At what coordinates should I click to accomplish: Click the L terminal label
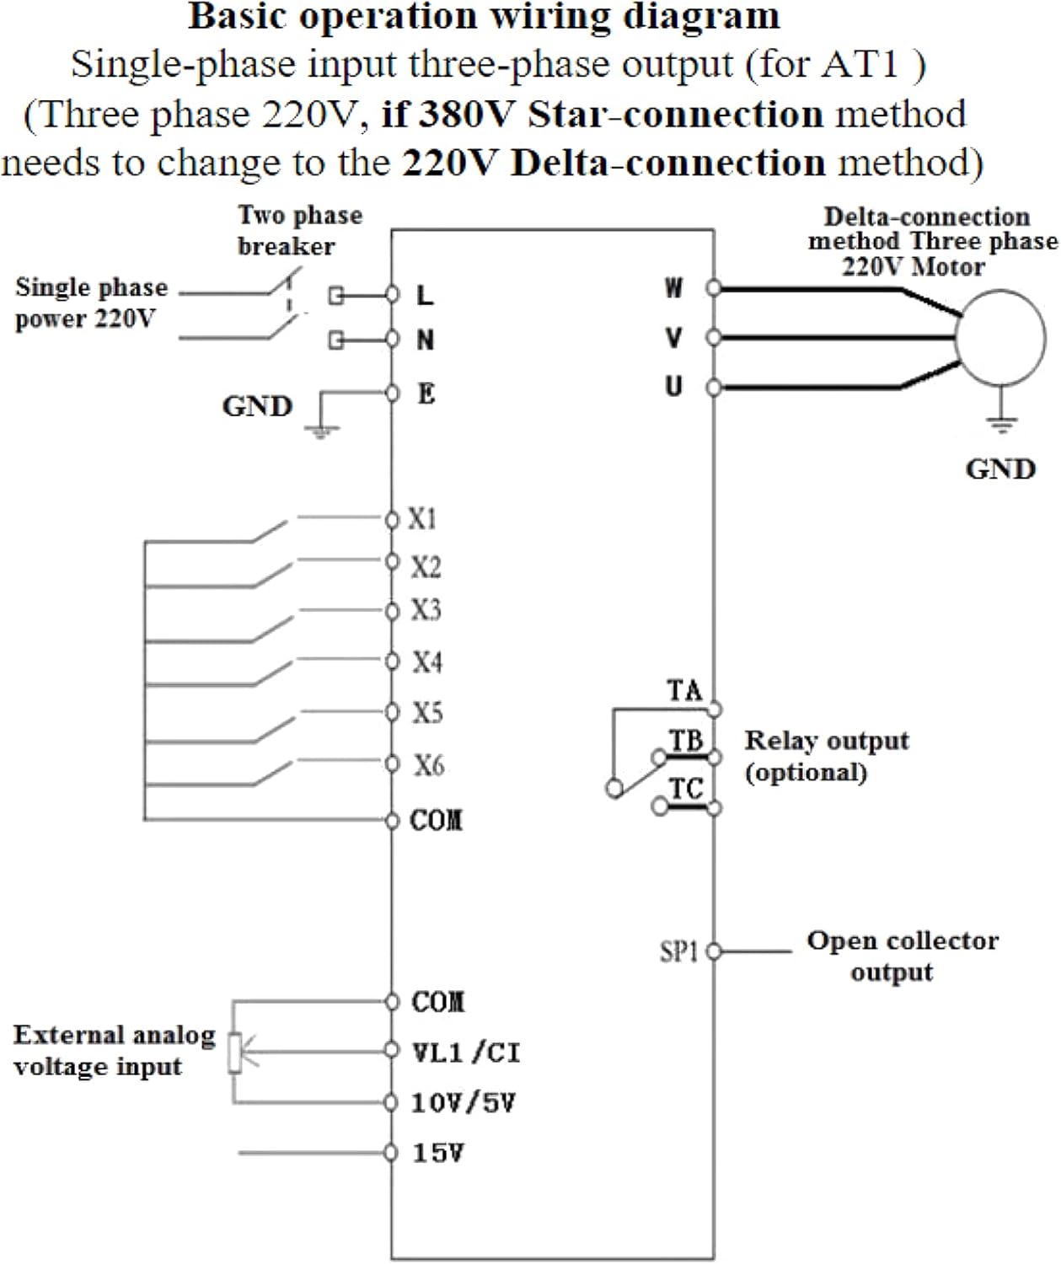click(425, 295)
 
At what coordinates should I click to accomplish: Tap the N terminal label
click(426, 340)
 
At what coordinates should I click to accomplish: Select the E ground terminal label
click(426, 394)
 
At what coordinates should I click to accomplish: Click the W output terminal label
click(673, 288)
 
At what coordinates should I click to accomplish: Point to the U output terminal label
click(673, 387)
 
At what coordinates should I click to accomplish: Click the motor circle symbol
click(1000, 338)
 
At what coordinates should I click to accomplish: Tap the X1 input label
click(422, 519)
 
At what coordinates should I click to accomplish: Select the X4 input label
click(426, 662)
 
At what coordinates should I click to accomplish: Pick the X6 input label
click(428, 765)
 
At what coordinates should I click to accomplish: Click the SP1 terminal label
click(679, 952)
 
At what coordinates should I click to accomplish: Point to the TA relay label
click(684, 691)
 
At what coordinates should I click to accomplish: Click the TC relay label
click(686, 790)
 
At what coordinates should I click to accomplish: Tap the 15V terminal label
click(437, 1153)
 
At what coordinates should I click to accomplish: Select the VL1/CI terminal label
click(465, 1052)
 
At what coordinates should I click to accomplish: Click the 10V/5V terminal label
click(463, 1103)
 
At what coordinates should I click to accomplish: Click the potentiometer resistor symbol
click(235, 1052)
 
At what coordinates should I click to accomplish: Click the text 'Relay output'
click(827, 741)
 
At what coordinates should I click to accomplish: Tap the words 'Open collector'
click(903, 940)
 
